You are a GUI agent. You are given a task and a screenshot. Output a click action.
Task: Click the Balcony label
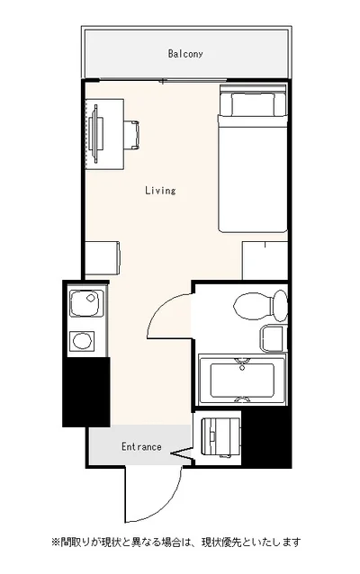(x=184, y=54)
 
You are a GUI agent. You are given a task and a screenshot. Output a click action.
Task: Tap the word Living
(x=160, y=191)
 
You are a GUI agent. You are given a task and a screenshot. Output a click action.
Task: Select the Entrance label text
(x=141, y=446)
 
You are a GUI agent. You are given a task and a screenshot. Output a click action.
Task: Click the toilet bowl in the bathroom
(x=253, y=306)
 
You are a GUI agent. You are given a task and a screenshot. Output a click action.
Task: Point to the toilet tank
(x=281, y=306)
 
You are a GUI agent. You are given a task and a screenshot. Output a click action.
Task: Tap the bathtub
(x=242, y=380)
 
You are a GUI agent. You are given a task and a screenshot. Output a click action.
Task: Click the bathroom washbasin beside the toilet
(x=273, y=338)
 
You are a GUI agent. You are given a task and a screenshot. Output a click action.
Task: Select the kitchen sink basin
(x=85, y=303)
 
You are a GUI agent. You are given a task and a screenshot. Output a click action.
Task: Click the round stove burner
(x=82, y=341)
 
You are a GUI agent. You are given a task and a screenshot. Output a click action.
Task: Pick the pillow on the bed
(x=252, y=103)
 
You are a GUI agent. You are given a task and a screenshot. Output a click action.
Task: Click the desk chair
(x=131, y=135)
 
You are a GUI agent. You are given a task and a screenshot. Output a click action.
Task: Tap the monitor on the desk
(x=95, y=134)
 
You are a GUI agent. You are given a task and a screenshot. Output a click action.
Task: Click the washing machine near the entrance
(x=220, y=438)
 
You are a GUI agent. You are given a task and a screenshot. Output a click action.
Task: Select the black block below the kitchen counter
(x=86, y=392)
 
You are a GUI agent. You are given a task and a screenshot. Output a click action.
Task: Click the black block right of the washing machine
(x=266, y=437)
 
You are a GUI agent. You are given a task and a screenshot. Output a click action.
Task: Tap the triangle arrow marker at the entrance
(x=181, y=454)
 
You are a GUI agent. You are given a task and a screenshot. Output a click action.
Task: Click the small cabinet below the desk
(x=103, y=258)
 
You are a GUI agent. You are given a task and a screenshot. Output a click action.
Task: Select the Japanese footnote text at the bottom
(x=176, y=542)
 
